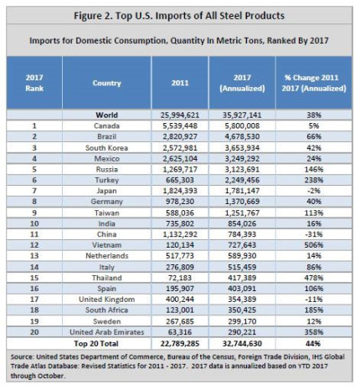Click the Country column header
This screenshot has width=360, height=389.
[x=106, y=83]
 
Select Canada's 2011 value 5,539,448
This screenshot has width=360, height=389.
[x=180, y=125]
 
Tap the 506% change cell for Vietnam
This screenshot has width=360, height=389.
[x=314, y=245]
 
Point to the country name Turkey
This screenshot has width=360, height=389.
[x=106, y=180]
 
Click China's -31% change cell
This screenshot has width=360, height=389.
[x=314, y=234]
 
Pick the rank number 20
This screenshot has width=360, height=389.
[x=34, y=332]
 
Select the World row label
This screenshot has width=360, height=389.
[x=106, y=115]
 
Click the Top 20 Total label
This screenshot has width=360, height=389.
[x=96, y=344]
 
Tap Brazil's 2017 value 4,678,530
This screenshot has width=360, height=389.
[x=242, y=136]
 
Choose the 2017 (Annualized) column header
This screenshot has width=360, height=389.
[x=242, y=83]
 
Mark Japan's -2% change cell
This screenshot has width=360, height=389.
[x=314, y=191]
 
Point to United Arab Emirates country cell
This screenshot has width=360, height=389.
[x=106, y=332]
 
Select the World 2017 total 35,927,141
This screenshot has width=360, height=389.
[x=242, y=115]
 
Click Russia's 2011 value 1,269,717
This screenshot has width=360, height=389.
[x=180, y=169]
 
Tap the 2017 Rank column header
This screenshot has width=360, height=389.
[x=34, y=83]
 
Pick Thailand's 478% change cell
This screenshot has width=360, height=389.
[x=314, y=278]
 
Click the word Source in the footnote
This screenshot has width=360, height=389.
[x=22, y=357]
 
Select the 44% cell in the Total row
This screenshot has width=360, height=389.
[x=313, y=344]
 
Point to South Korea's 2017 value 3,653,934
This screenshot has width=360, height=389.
[x=242, y=148]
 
